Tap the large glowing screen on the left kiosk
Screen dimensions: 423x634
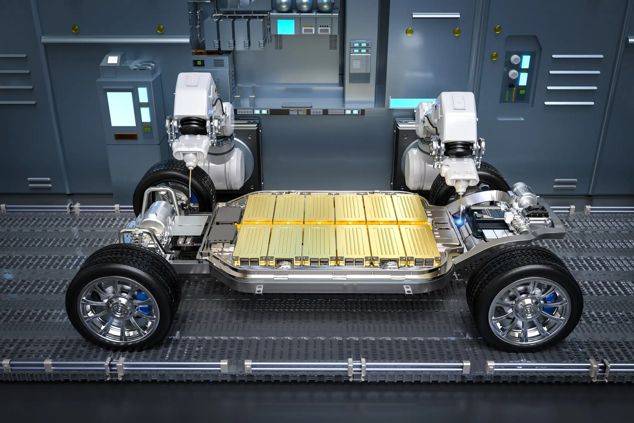tap(120, 109)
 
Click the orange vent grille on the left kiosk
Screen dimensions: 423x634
tap(126, 137)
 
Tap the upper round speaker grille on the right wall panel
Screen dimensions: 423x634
tap(514, 60)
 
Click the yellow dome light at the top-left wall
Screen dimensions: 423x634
tap(76, 29)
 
